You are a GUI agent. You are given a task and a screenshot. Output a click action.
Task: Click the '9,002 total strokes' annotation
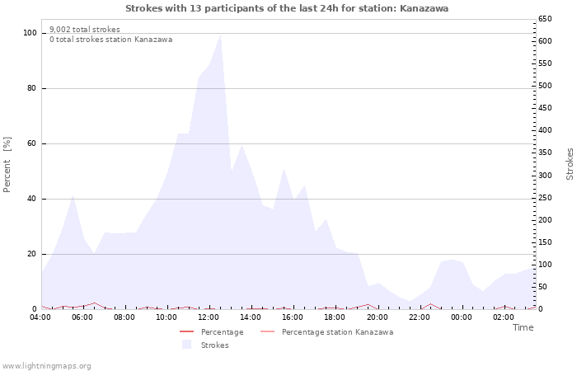(85, 30)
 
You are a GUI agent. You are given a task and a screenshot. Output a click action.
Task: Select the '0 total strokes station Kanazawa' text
(110, 40)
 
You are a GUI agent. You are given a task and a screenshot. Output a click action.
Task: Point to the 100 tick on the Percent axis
(30, 33)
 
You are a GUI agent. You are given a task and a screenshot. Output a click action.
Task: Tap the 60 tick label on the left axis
(32, 143)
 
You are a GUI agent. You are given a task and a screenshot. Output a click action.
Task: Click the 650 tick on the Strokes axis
(547, 18)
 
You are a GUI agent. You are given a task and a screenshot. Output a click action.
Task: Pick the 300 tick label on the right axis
(547, 175)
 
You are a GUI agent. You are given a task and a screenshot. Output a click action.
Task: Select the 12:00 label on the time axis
(209, 317)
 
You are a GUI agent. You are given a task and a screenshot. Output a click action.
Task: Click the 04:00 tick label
(40, 317)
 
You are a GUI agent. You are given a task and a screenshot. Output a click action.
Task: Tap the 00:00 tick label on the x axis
(461, 317)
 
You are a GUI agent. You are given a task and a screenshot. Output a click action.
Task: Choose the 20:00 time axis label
(377, 317)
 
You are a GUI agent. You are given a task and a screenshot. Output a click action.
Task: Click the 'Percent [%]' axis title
(7, 165)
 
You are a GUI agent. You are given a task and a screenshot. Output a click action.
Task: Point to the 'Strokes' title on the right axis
(570, 164)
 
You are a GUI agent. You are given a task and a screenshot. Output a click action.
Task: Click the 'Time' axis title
(523, 327)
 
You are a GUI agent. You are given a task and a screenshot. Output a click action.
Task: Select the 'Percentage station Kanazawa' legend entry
(337, 332)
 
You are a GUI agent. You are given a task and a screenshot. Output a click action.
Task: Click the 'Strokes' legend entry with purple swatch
(214, 345)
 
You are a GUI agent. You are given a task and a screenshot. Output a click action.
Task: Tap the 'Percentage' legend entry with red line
(222, 332)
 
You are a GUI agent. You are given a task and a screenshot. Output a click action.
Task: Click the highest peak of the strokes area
(220, 35)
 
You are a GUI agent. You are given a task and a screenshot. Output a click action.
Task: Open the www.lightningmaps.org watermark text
(46, 365)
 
